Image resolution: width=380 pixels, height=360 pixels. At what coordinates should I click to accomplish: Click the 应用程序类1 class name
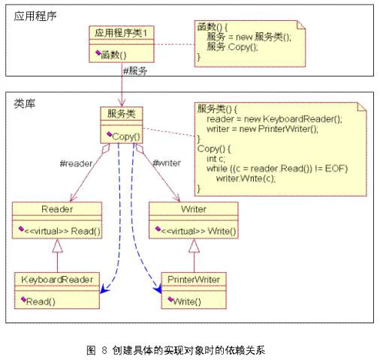coord(121,33)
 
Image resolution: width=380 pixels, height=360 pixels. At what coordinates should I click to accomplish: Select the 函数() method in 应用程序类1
coord(113,55)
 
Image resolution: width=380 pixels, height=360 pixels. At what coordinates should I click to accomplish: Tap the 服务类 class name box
coord(122,114)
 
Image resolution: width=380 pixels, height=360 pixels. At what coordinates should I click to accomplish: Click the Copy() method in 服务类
coord(126,136)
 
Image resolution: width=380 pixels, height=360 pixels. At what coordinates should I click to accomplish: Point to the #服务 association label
coord(135,71)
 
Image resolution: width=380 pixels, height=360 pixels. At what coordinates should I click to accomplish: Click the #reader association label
coord(76,163)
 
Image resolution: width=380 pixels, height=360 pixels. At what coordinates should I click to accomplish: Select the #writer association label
coord(167,163)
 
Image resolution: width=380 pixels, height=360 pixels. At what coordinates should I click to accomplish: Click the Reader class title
coord(57,209)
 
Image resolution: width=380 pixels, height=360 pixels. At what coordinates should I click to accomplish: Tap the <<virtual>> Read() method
coord(62,231)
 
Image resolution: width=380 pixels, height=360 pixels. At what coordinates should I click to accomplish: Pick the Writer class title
coord(194,209)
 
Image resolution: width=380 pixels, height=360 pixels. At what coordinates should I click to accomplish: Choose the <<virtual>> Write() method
coord(198,231)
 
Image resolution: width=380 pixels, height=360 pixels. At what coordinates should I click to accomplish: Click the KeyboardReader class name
coord(57,280)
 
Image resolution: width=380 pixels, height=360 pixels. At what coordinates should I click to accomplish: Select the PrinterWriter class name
coord(194,280)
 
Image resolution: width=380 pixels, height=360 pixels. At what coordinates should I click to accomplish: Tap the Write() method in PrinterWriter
coord(187,301)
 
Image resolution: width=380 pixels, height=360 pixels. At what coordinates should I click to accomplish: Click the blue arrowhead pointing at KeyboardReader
coord(104,289)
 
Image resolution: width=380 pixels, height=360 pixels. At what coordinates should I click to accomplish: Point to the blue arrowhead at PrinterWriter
coord(158,289)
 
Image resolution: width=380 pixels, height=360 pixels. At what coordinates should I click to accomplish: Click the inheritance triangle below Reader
coord(57,246)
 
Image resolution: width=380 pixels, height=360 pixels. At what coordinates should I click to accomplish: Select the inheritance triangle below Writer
coord(194,246)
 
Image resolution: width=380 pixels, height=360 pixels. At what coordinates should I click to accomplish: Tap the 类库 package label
coord(25,103)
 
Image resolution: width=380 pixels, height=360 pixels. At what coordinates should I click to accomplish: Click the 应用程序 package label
coord(35,16)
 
